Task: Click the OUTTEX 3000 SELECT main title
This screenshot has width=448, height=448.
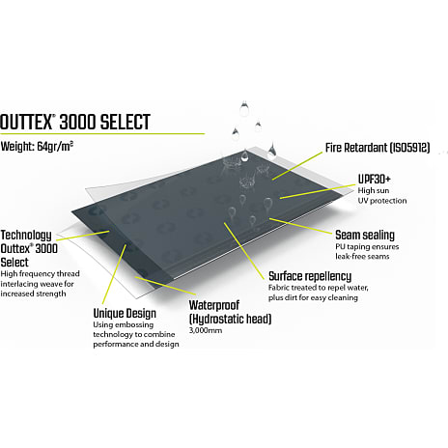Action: click(75, 122)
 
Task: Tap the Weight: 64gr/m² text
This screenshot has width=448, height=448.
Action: click(37, 147)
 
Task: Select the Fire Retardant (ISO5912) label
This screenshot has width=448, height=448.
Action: click(378, 148)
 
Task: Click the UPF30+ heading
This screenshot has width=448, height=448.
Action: click(374, 179)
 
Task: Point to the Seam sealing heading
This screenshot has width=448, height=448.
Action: click(365, 236)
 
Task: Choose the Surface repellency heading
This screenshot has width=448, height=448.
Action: click(310, 276)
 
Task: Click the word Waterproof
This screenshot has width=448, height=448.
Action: click(214, 305)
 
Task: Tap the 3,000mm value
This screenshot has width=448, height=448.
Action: click(206, 330)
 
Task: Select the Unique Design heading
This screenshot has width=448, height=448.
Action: click(125, 314)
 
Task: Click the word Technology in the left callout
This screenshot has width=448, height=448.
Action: click(26, 236)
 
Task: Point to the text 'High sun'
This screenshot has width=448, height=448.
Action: click(374, 190)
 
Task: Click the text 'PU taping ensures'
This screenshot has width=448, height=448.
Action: click(367, 247)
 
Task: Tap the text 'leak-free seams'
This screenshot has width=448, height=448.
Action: click(362, 257)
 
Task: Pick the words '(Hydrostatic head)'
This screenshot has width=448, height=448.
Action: click(231, 319)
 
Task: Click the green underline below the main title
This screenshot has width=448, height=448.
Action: click(102, 133)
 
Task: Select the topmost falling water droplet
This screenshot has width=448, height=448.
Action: click(244, 108)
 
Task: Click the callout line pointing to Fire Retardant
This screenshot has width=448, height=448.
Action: click(297, 166)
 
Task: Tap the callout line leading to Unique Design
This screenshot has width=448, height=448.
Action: click(114, 274)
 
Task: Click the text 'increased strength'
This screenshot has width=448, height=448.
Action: click(33, 294)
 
